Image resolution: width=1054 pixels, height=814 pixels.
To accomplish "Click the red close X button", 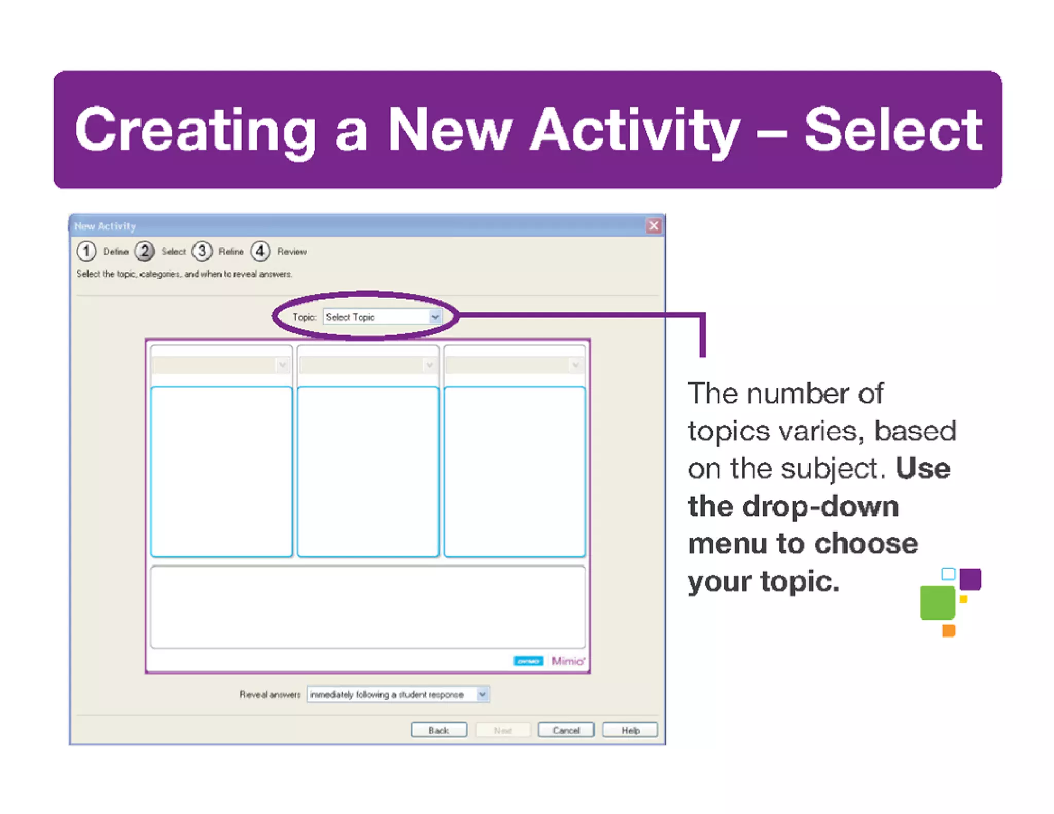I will (x=654, y=225).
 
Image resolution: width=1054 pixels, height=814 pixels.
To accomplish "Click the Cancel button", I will (x=566, y=730).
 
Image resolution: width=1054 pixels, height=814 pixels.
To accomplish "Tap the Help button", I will (x=630, y=730).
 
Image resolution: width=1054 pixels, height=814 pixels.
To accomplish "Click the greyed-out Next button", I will (x=502, y=730).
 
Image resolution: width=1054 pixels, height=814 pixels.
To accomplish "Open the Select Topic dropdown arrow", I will (x=435, y=317).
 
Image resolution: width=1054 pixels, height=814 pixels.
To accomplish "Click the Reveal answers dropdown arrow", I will (x=482, y=694).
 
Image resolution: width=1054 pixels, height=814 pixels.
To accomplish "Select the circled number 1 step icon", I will (x=86, y=252).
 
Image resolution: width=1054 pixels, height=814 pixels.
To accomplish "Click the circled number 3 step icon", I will (x=202, y=252).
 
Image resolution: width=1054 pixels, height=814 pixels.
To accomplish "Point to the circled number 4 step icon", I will (x=260, y=252).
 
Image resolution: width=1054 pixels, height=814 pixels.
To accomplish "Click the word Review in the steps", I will (x=292, y=252).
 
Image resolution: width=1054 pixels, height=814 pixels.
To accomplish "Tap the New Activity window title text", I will (x=105, y=226).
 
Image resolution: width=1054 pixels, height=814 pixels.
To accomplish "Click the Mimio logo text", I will (x=568, y=661).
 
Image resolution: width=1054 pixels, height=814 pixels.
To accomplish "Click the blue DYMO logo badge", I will (x=528, y=661).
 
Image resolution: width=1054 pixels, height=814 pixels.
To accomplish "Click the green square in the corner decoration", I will (x=937, y=602).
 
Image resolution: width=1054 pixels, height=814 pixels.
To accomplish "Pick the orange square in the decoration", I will (x=948, y=630).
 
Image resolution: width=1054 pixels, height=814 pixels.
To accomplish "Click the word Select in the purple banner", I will (x=893, y=130).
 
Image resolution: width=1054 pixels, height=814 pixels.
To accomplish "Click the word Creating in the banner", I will (x=196, y=130).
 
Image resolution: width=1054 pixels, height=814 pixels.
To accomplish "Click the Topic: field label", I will (x=304, y=317).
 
